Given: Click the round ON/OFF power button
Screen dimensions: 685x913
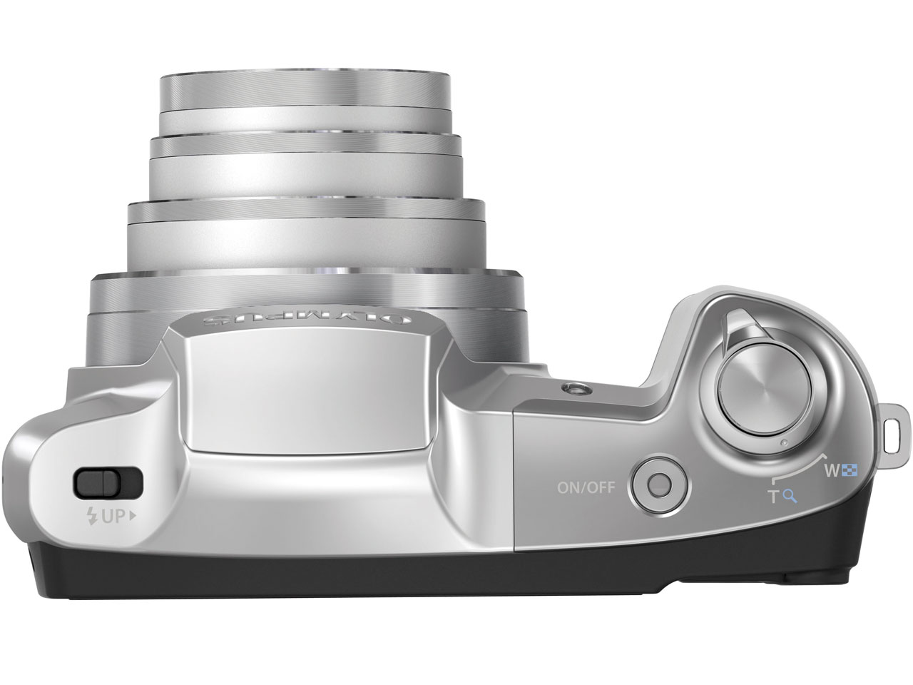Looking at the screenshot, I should click(x=659, y=485).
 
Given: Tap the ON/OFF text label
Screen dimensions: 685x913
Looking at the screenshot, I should click(x=585, y=488).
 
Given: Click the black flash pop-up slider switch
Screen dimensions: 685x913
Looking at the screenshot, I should click(x=108, y=483).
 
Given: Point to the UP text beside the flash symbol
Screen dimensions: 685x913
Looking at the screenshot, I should click(x=112, y=518).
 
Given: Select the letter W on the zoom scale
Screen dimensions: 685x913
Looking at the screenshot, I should click(x=831, y=470).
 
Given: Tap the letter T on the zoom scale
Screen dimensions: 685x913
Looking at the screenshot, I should click(x=772, y=497).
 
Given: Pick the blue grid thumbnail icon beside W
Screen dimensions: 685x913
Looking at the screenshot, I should click(x=849, y=470).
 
